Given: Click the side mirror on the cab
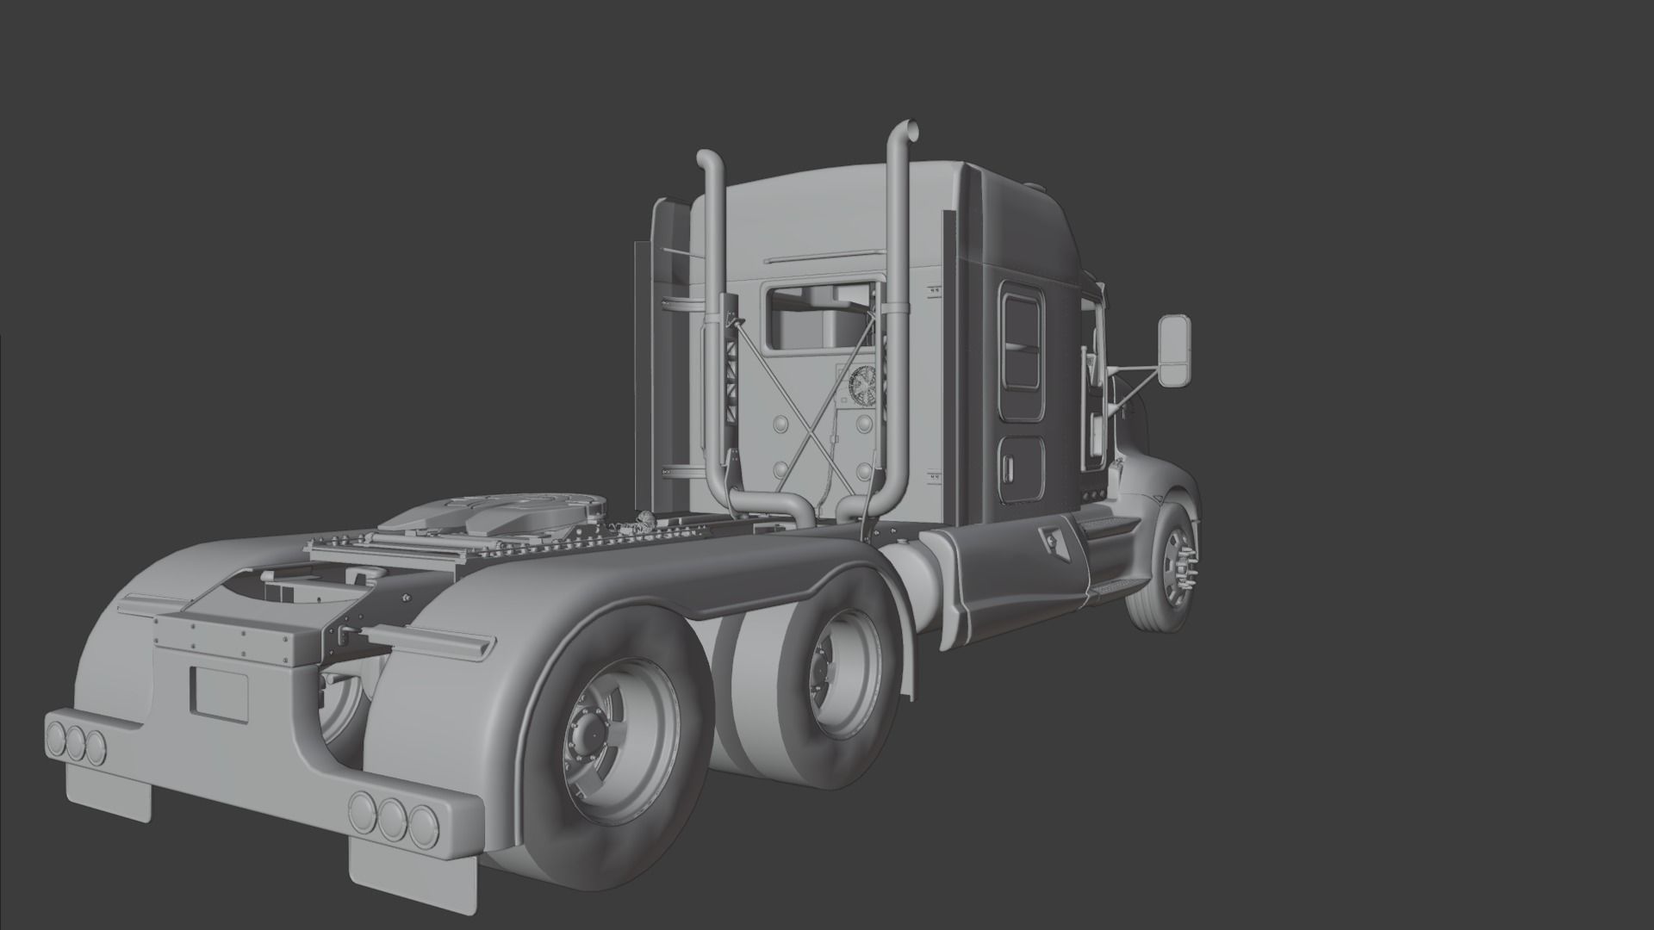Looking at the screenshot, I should coord(1173,350).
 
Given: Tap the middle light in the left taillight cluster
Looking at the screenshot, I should coord(76,743).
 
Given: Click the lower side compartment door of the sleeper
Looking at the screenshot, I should coord(1023,468).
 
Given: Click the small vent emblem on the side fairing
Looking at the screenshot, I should coord(1053,540).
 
